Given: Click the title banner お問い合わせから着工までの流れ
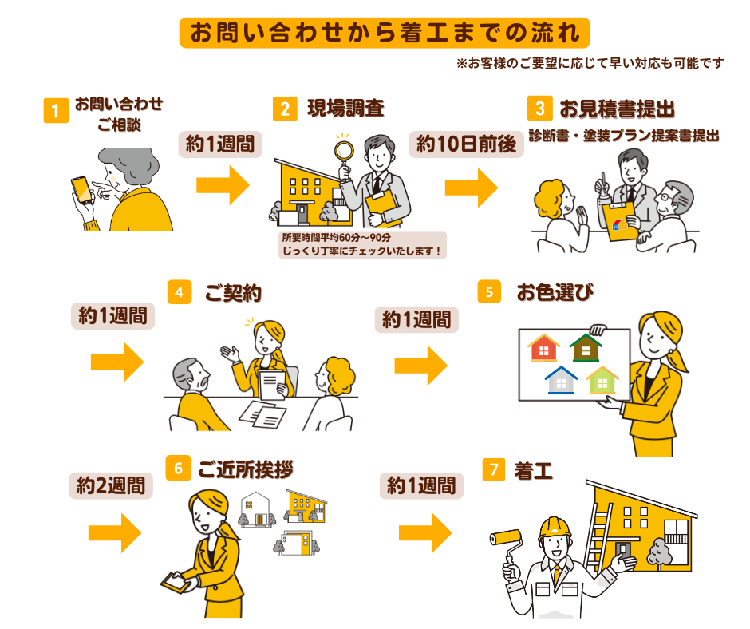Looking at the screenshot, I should [x=385, y=32].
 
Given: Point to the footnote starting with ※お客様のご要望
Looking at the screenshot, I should [x=590, y=63].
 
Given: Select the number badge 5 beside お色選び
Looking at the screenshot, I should [x=489, y=291].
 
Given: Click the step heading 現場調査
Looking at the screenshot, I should [x=345, y=109].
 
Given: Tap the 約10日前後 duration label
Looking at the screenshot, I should [x=468, y=144].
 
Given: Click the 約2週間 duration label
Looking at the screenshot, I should [x=111, y=485].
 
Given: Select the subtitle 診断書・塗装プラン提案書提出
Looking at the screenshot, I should [x=624, y=136].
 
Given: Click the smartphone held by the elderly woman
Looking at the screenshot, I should [x=81, y=188].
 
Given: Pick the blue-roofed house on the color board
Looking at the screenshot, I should [x=562, y=380].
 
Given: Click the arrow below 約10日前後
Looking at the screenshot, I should [x=470, y=186].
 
